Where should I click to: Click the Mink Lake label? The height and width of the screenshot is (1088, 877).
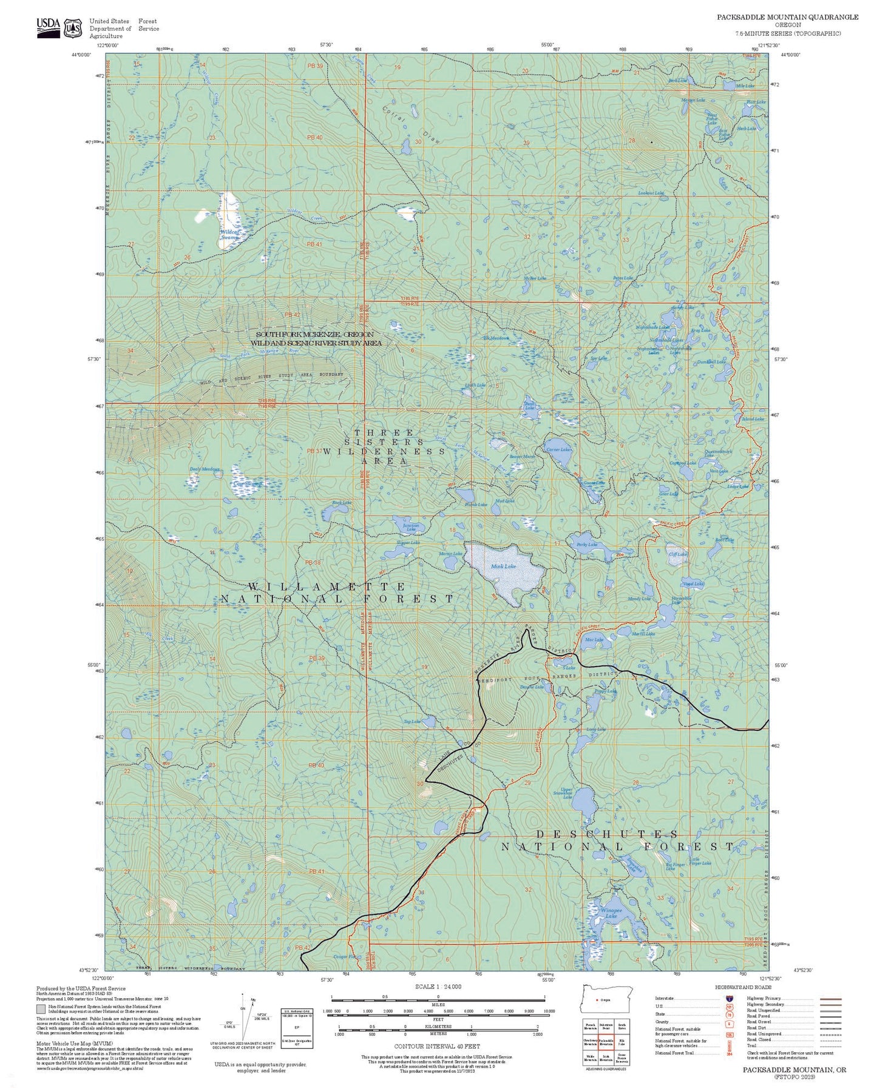tap(503, 566)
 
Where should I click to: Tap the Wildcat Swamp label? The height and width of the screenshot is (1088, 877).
tap(229, 235)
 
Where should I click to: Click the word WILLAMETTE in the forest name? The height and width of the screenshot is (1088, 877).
tap(327, 586)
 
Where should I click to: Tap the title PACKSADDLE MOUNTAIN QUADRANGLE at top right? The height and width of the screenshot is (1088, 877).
tap(787, 17)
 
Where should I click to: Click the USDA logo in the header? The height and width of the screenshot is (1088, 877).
tap(48, 27)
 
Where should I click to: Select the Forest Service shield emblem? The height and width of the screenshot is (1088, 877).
tap(73, 27)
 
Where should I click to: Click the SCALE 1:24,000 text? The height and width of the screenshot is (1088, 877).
tap(438, 986)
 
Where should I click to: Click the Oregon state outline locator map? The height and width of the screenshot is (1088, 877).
tap(607, 999)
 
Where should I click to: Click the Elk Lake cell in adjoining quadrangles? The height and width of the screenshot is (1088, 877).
tap(622, 1042)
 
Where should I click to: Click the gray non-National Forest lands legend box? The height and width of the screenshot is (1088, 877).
tap(41, 1010)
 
